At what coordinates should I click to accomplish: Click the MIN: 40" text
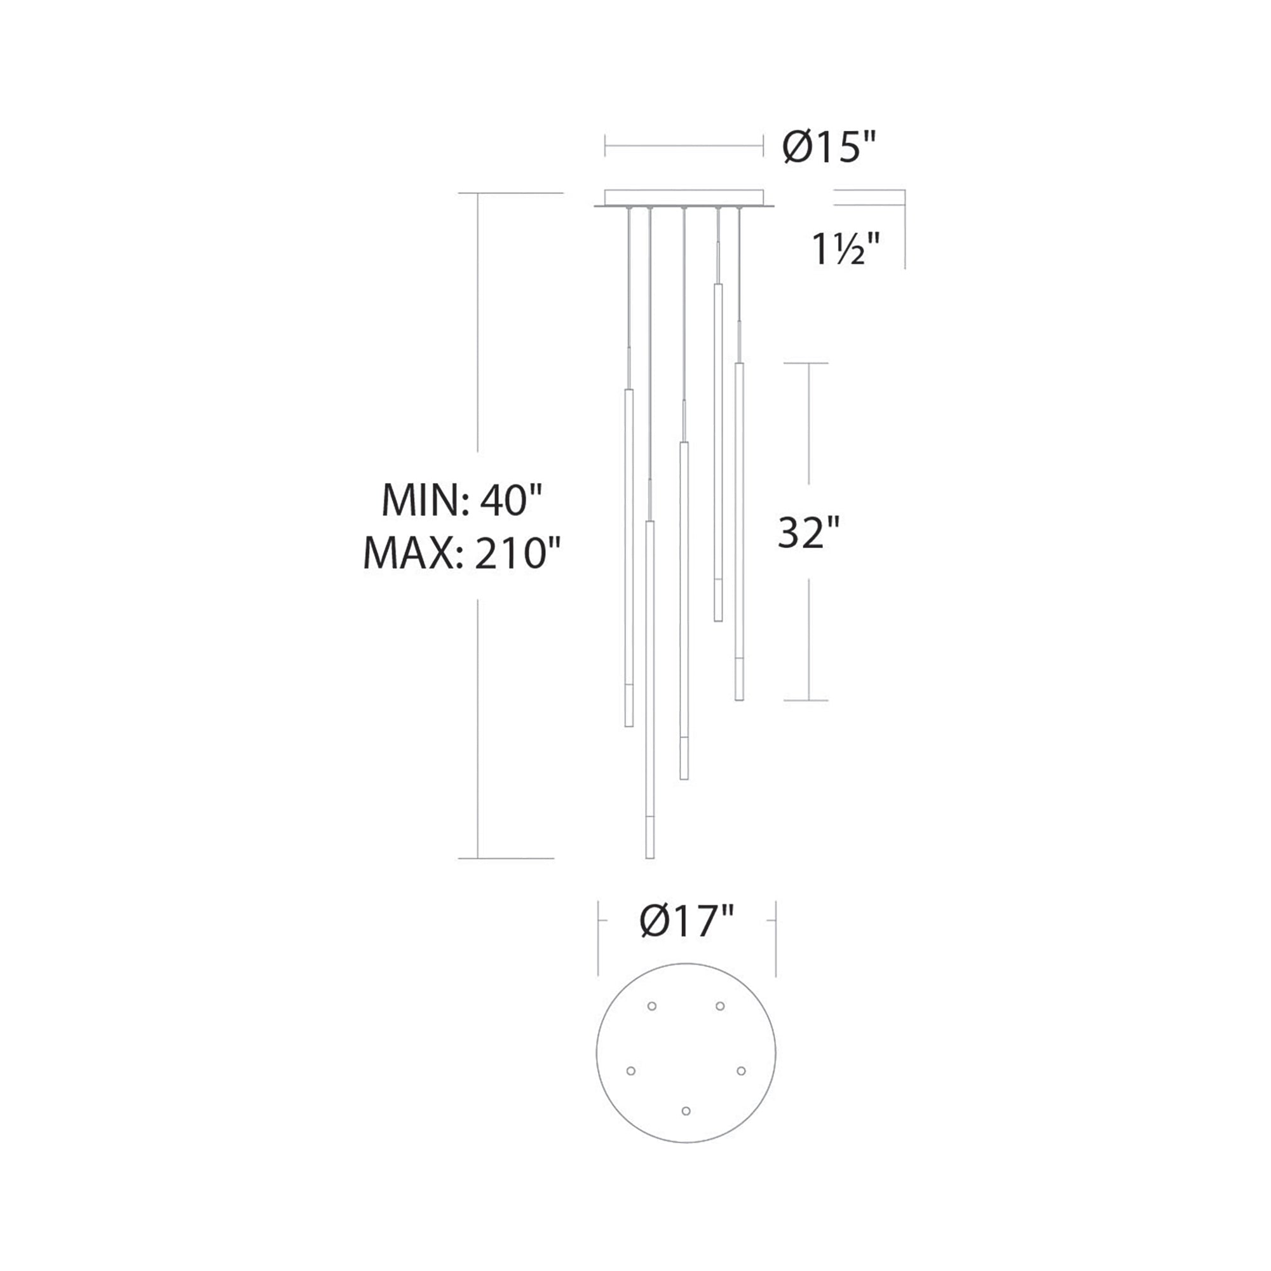pos(462,500)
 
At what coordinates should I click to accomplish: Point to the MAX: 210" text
pos(462,554)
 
